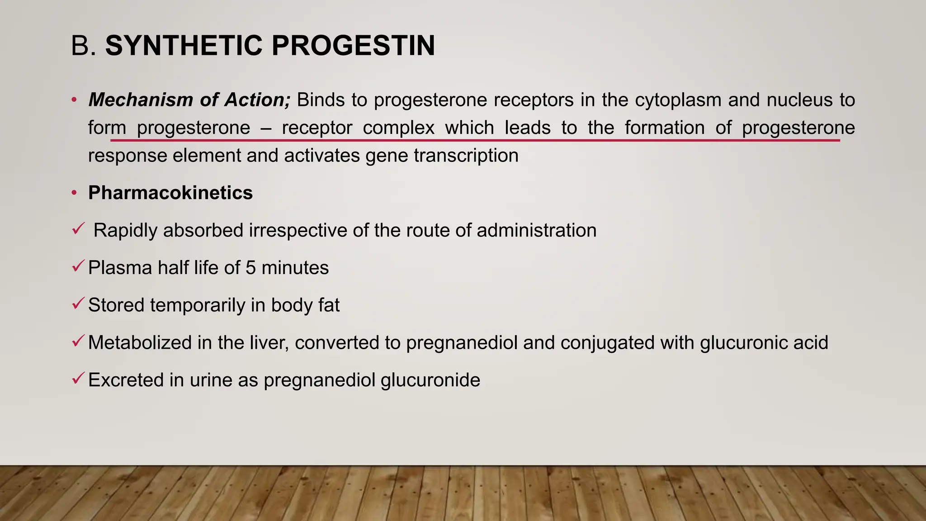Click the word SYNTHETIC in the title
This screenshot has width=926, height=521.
click(x=184, y=46)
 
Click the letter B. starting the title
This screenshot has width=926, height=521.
click(x=84, y=46)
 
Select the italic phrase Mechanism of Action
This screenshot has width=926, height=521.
click(x=189, y=100)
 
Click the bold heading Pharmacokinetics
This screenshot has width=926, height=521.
click(x=170, y=193)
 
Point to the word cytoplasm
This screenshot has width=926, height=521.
click(x=678, y=100)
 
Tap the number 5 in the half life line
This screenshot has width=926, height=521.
click(x=251, y=268)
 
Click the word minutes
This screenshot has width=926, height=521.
click(x=295, y=268)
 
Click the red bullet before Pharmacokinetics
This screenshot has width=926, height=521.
click(x=74, y=193)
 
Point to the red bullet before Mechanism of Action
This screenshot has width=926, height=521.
click(x=74, y=100)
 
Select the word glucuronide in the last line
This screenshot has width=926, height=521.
click(x=430, y=380)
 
